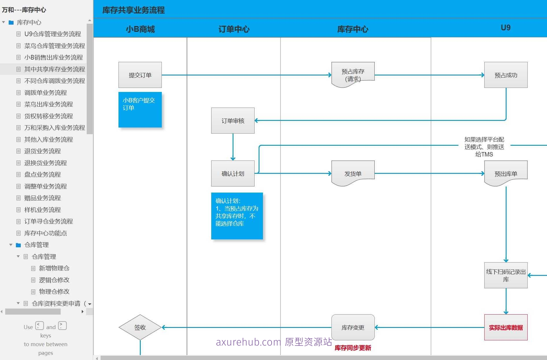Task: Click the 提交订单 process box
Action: click(140, 75)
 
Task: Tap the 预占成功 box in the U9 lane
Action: click(506, 75)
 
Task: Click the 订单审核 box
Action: click(233, 121)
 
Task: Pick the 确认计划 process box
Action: click(233, 173)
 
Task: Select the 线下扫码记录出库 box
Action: click(506, 275)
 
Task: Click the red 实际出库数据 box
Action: click(506, 327)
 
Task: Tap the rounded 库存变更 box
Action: click(353, 327)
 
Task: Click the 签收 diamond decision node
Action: click(140, 327)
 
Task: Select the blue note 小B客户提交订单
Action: click(140, 110)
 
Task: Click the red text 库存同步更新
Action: click(353, 348)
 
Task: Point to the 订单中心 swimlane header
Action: click(234, 29)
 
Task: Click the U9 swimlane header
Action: click(505, 28)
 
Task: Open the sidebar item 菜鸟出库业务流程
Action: click(49, 104)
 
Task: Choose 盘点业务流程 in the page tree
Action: click(42, 174)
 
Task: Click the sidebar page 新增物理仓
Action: click(54, 268)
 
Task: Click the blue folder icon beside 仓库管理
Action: click(18, 245)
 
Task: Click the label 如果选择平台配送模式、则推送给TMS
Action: click(484, 147)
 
